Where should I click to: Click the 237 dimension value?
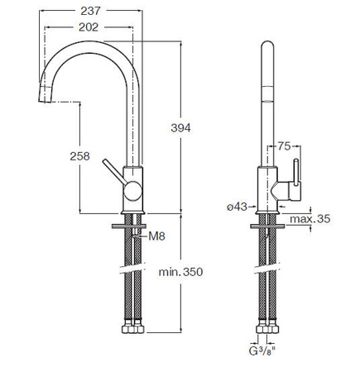point(90,11)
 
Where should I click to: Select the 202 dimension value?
point(89,27)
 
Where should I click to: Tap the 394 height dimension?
point(180,128)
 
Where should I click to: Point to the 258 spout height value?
point(79,156)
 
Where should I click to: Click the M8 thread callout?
point(156,236)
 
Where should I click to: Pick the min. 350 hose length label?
point(180,272)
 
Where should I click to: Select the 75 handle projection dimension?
point(284,146)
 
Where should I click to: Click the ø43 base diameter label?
point(237,207)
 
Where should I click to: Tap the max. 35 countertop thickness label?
point(310,219)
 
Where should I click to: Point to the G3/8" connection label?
point(262,351)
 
